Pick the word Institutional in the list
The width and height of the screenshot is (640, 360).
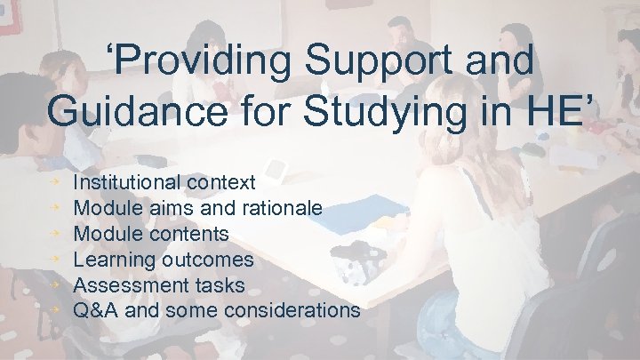127,183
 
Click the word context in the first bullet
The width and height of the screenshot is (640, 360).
221,183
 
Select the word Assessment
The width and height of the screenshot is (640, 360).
124,286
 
